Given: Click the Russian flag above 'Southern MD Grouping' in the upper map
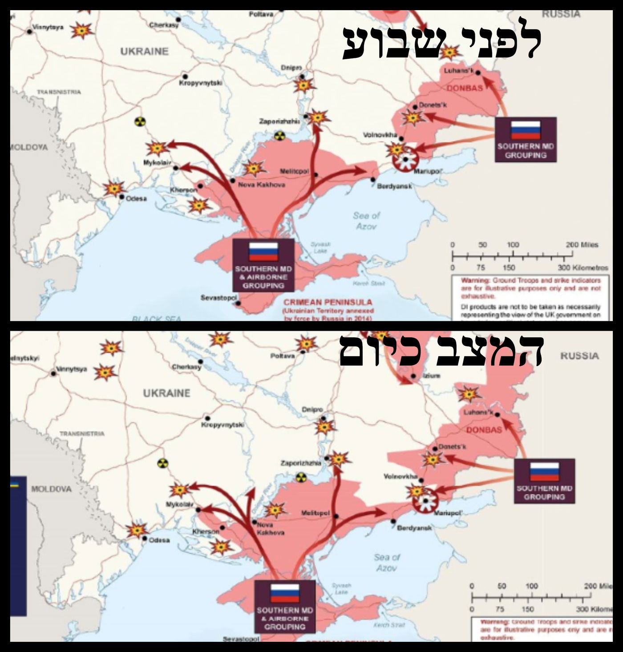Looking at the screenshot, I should pos(526,130).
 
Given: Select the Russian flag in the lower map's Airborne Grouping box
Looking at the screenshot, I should pos(285,593).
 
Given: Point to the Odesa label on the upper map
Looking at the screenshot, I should pos(136,198).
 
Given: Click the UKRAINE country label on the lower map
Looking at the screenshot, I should pos(166,393).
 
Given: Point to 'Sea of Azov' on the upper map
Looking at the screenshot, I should pos(367,221).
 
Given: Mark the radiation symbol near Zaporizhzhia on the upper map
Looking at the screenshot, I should pos(279,135).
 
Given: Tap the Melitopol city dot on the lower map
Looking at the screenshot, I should pos(336,516).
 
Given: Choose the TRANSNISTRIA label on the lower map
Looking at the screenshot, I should pos(82,433).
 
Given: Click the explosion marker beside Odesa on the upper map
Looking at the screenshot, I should pos(114,188).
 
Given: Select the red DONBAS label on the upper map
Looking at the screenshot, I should pos(465,88).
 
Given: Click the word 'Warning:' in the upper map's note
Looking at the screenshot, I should pos(475,280).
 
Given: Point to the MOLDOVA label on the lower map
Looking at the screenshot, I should pos(51,489).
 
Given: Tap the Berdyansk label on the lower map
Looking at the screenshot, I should pos(414,528).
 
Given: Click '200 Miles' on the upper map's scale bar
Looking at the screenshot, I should pos(582,245).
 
